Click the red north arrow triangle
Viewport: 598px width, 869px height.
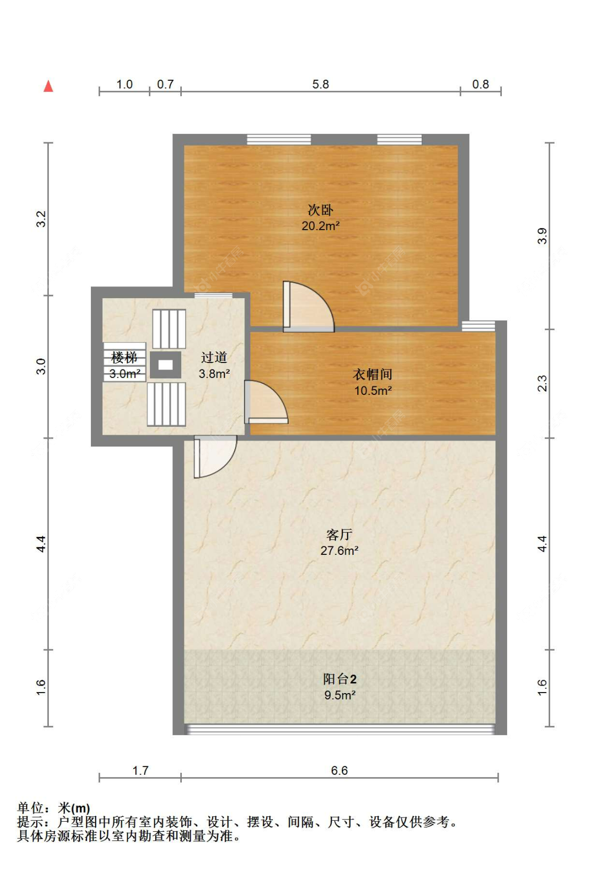pos(48,86)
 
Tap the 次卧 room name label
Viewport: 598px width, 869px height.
pos(321,210)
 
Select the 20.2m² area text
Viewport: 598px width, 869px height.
pos(321,226)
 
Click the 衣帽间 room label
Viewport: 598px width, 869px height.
pos(373,375)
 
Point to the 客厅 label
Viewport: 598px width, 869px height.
pos(339,534)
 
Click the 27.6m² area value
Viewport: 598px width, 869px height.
pos(339,551)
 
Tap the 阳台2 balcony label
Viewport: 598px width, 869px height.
pos(340,679)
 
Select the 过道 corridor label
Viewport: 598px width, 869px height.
pos(214,358)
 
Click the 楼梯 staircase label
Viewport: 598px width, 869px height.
pos(124,357)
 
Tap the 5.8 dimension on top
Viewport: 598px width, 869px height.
pos(321,85)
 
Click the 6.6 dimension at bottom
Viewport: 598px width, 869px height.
pos(339,771)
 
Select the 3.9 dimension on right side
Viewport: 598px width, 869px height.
pos(542,235)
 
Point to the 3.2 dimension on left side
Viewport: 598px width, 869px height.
pos(41,219)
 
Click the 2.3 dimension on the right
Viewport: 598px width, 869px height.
pos(542,383)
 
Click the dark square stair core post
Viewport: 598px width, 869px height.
pos(165,365)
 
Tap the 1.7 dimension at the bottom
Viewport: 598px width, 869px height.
pos(140,771)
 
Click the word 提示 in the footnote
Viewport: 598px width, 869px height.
pos(30,822)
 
